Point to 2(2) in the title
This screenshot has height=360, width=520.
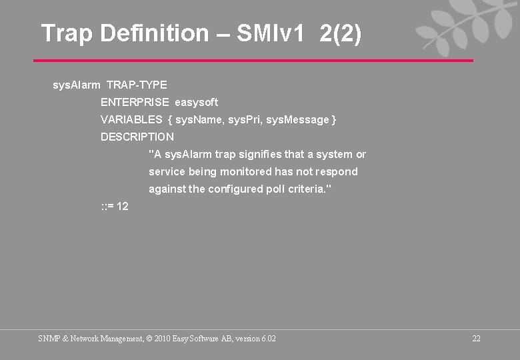[x=341, y=33]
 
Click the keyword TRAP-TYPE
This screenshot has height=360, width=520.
[x=137, y=85]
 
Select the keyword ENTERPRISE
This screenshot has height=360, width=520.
[x=135, y=103]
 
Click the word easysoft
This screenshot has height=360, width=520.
[x=196, y=103]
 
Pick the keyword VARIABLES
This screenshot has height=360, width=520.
[x=131, y=120]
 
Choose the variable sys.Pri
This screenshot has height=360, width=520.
[x=247, y=120]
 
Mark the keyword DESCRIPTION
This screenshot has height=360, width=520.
[x=137, y=137]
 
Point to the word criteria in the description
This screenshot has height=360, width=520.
[x=309, y=189]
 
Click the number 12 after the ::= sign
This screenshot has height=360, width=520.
[x=123, y=207]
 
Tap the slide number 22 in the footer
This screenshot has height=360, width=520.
[x=476, y=339]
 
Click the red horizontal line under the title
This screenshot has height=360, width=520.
[x=253, y=61]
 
